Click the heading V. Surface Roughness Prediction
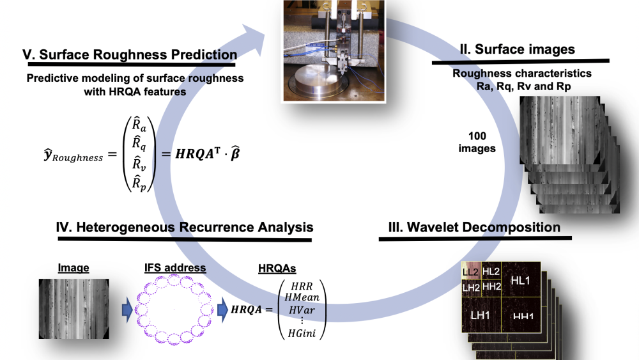coord(128,55)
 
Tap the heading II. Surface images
coord(517,49)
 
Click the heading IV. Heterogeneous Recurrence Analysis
coord(185,226)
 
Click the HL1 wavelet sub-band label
coord(521,280)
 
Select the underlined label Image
coord(73,267)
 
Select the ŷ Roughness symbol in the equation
coord(70,156)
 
